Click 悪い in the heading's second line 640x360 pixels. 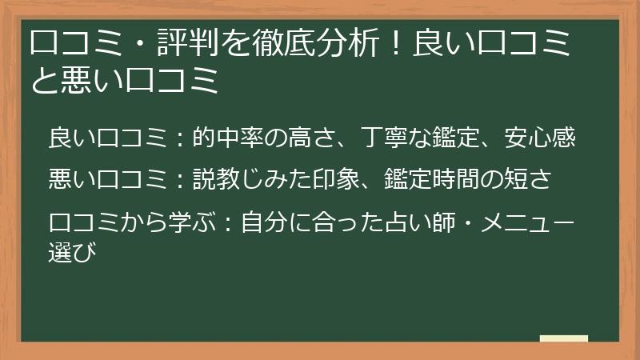click(x=85, y=80)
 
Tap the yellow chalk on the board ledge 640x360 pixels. click(x=563, y=338)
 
